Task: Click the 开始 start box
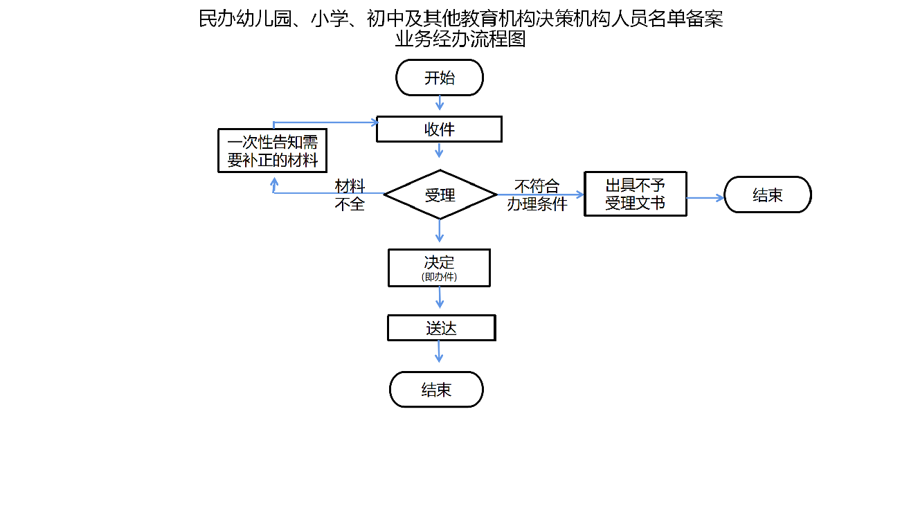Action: coord(439,78)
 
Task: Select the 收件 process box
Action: coord(439,129)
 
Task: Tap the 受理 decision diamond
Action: coord(440,195)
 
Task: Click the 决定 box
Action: coord(439,267)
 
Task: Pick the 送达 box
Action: coord(441,328)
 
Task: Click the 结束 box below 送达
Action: coord(436,389)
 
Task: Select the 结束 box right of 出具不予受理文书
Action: coord(767,195)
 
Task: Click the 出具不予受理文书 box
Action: coord(635,194)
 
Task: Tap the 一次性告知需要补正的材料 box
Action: coord(272,151)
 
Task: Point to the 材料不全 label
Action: coord(350,195)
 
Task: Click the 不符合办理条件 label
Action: coord(537,195)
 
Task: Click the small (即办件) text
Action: coord(439,276)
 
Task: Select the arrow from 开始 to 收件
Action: coord(440,103)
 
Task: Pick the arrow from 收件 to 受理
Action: coord(440,150)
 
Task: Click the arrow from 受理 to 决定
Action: coord(440,231)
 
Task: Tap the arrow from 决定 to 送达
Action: coord(440,298)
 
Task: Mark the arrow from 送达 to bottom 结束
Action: coord(439,351)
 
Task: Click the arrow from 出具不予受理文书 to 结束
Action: coord(705,197)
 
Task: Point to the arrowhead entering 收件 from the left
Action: coord(374,123)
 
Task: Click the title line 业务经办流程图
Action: coord(460,39)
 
